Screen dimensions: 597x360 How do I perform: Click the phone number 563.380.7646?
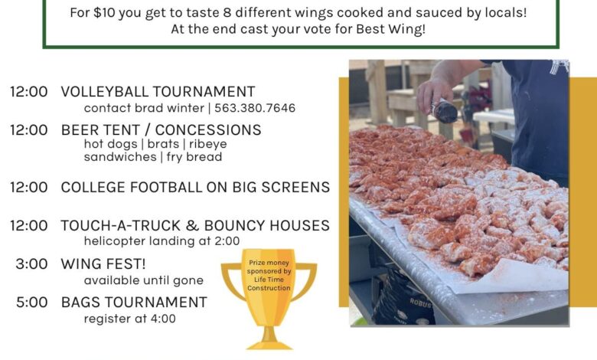click(x=255, y=108)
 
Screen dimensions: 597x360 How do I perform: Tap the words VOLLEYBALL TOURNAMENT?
click(x=158, y=92)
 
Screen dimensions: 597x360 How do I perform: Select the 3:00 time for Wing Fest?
click(x=31, y=264)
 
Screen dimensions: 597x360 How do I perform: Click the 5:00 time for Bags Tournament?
click(x=31, y=303)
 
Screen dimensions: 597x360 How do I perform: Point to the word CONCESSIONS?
click(x=208, y=130)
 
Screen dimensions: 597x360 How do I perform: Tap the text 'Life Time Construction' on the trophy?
click(x=269, y=284)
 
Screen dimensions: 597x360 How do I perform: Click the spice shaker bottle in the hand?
click(x=444, y=110)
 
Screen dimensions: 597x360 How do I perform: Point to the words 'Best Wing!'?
click(x=390, y=29)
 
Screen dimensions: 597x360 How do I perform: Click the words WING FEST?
click(x=103, y=264)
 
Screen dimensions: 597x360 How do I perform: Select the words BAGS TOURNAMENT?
click(x=134, y=303)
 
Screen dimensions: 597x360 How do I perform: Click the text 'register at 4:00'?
click(x=130, y=319)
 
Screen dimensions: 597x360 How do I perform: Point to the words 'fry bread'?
click(x=194, y=157)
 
